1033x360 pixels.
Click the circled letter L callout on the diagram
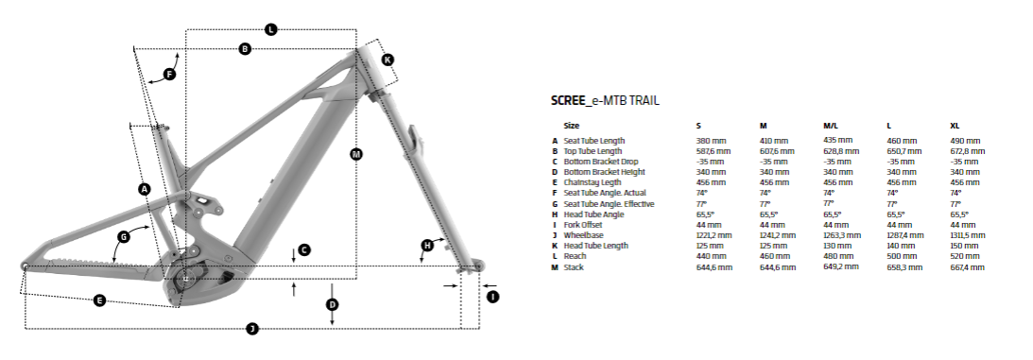(270, 29)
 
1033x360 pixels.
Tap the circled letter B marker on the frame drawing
(245, 48)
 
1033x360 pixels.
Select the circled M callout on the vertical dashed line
(356, 153)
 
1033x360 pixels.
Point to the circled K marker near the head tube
(387, 60)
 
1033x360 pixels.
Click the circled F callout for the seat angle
(170, 74)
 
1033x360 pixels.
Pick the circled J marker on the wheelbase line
(251, 328)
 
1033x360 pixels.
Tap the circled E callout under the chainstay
(99, 300)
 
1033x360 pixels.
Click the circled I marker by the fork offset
(492, 296)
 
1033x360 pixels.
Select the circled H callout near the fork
(426, 246)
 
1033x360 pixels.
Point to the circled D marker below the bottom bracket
(333, 304)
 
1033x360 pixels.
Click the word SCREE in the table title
(568, 100)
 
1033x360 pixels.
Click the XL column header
(955, 125)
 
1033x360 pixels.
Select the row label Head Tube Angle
(594, 214)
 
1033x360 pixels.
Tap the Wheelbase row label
(585, 235)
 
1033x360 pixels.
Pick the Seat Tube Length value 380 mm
(711, 141)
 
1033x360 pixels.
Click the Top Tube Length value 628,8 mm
(840, 151)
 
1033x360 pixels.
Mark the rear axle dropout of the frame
(25, 266)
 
